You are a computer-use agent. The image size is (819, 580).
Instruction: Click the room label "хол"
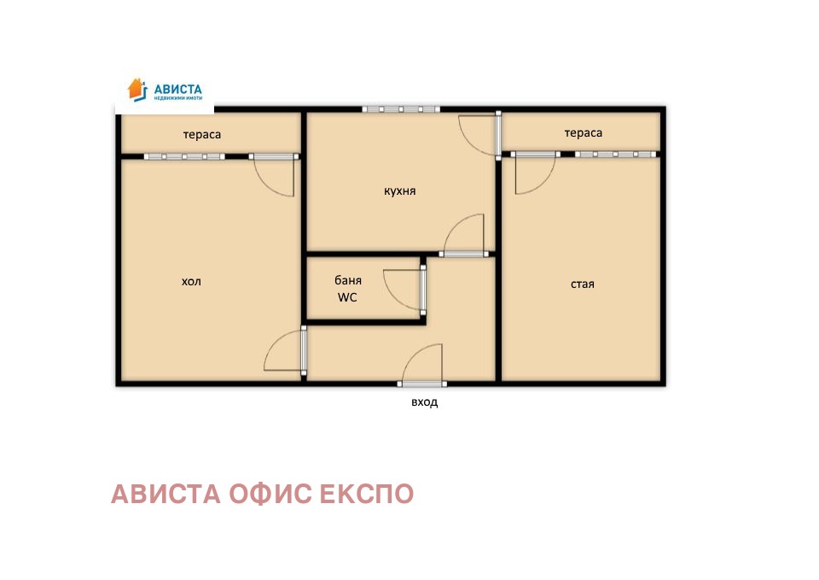pyautogui.click(x=191, y=281)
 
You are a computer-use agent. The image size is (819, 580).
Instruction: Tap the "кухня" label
pyautogui.click(x=399, y=191)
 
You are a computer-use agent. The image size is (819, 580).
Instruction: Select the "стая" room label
pyautogui.click(x=582, y=284)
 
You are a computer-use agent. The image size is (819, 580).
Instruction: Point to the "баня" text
pyautogui.click(x=347, y=280)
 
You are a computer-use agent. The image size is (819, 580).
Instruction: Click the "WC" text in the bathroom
pyautogui.click(x=347, y=297)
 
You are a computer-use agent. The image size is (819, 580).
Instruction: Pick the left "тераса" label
pyautogui.click(x=202, y=135)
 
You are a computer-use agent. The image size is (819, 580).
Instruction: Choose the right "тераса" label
pyautogui.click(x=583, y=133)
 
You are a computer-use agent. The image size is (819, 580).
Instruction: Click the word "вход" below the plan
pyautogui.click(x=424, y=402)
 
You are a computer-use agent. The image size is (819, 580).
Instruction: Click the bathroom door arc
pyautogui.click(x=403, y=289)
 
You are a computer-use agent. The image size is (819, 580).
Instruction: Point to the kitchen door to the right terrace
pyautogui.click(x=479, y=135)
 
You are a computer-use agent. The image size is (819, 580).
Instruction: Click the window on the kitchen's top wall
pyautogui.click(x=401, y=109)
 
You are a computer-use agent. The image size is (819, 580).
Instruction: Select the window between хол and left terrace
pyautogui.click(x=184, y=156)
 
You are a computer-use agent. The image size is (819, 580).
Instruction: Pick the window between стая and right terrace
pyautogui.click(x=616, y=154)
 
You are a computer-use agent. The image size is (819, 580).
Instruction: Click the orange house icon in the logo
pyautogui.click(x=136, y=88)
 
